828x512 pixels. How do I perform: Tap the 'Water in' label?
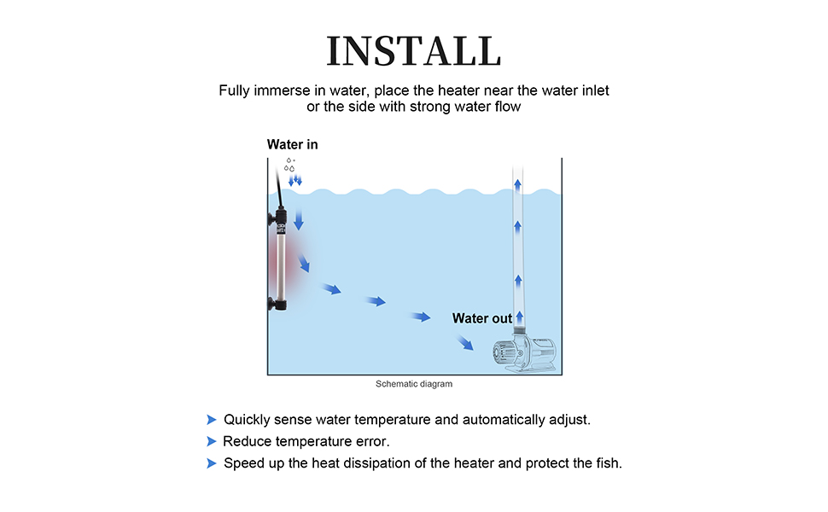tap(292, 144)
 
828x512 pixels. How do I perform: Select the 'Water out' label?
tap(482, 318)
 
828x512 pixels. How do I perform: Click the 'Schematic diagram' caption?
tap(414, 384)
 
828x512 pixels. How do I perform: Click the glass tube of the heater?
tap(279, 265)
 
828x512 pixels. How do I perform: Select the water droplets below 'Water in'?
tap(291, 166)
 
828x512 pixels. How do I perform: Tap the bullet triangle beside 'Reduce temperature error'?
tap(211, 441)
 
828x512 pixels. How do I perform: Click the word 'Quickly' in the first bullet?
tap(248, 420)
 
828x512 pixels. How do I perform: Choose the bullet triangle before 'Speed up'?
tap(211, 463)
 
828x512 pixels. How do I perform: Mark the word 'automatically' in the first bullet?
tap(505, 420)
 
